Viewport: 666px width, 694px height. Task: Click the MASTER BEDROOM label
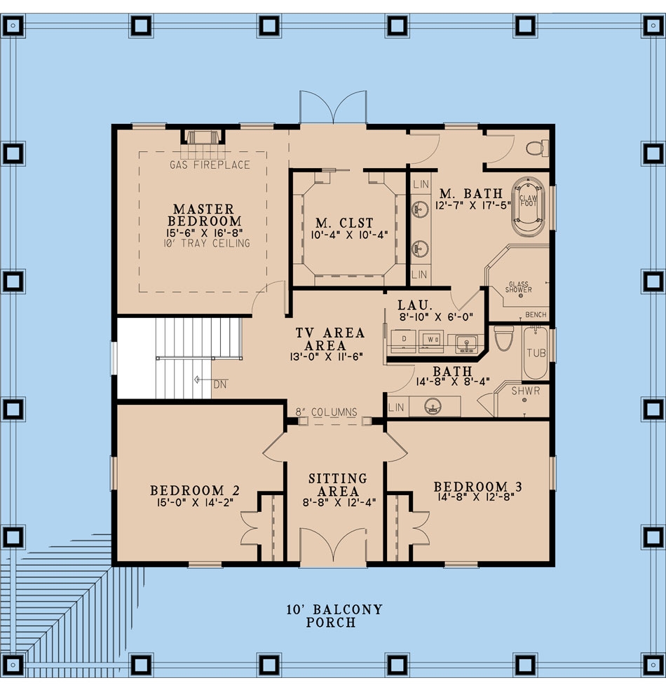click(203, 215)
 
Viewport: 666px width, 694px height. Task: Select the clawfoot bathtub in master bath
click(527, 207)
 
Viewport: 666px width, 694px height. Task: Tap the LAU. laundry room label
click(412, 305)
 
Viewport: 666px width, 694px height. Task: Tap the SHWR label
click(526, 391)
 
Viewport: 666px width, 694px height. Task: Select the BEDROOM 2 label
click(187, 490)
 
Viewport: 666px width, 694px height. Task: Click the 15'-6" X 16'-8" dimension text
click(203, 233)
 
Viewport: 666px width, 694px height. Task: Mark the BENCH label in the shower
click(536, 314)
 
